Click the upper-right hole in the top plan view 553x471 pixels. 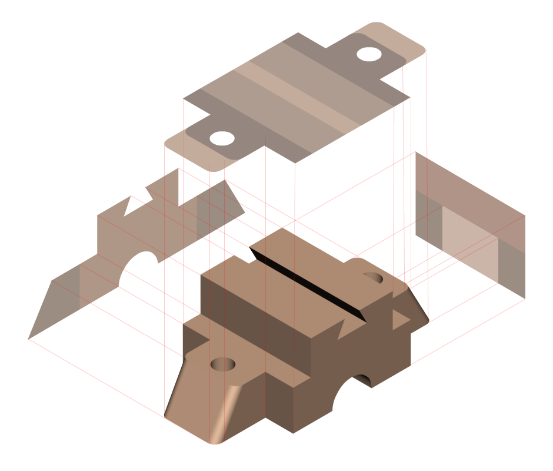pyautogui.click(x=368, y=54)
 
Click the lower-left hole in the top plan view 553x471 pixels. pyautogui.click(x=222, y=139)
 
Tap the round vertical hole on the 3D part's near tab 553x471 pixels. pyautogui.click(x=223, y=364)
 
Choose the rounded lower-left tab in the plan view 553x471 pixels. pyautogui.click(x=188, y=144)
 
